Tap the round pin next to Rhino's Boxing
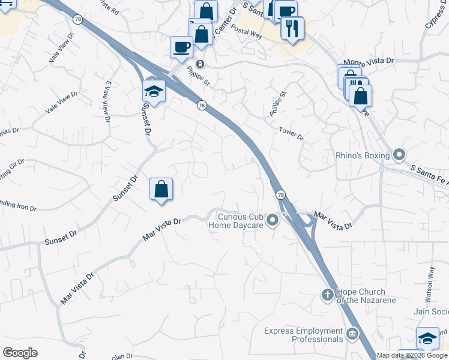399,156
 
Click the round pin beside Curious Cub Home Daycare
273,221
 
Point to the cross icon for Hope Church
327,295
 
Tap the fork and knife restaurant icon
292,28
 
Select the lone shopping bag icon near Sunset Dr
161,190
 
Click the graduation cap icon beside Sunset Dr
154,92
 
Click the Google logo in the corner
20,353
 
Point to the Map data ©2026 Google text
412,355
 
